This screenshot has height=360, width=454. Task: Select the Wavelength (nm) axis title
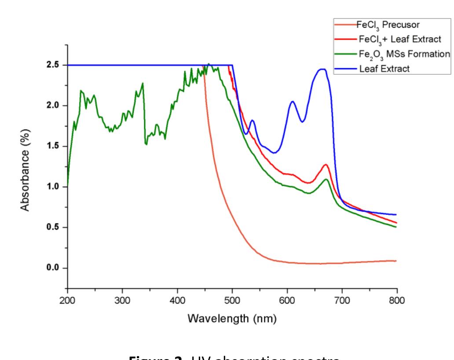pos(232,318)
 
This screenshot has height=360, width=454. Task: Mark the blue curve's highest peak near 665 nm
pos(322,69)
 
